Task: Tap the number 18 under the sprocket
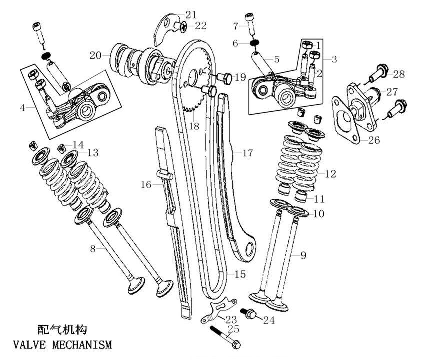[x=194, y=127]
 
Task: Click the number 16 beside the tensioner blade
[x=145, y=185]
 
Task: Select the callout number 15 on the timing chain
[x=241, y=274]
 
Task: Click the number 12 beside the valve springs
[x=330, y=174]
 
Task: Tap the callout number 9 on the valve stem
[x=303, y=256]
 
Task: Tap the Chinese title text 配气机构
[x=62, y=329]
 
